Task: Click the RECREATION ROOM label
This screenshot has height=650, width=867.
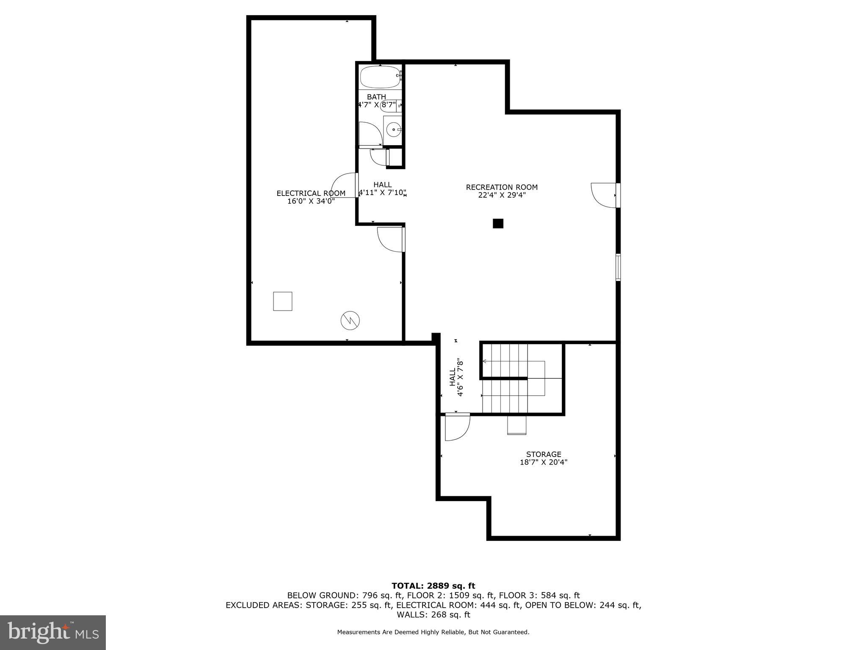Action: point(502,187)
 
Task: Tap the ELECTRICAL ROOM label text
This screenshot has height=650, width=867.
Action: point(311,193)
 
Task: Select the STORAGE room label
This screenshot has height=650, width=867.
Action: point(544,454)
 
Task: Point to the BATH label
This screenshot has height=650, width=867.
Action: point(376,97)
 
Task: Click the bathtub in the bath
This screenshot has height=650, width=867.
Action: point(380,77)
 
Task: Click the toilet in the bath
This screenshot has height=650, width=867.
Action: point(389,106)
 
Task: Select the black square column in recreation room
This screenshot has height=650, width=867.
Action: point(498,223)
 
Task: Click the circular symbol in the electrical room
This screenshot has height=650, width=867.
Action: point(350,321)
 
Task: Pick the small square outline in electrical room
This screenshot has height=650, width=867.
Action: point(282,301)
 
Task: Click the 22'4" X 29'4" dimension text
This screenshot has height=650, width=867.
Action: point(502,195)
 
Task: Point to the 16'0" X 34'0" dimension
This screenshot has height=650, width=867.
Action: point(311,201)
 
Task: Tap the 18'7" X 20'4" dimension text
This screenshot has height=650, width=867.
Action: point(544,463)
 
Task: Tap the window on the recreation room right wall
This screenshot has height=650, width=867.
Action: point(618,267)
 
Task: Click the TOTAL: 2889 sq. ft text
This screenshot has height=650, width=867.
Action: point(433,586)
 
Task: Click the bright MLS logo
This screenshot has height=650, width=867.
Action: point(53,632)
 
